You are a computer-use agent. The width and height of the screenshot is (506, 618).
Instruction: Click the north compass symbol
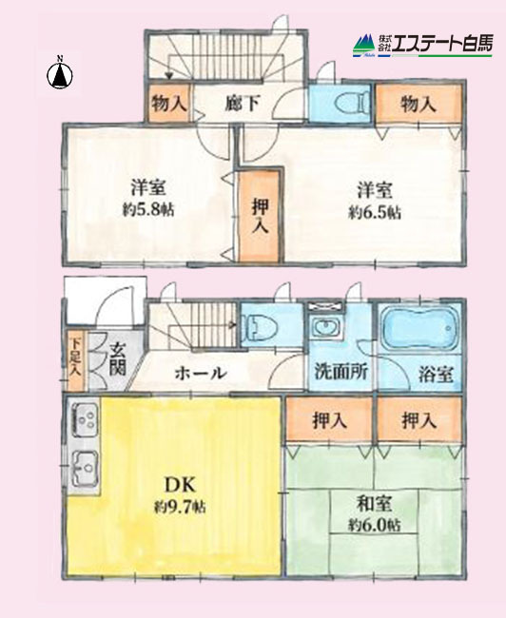pos(60,74)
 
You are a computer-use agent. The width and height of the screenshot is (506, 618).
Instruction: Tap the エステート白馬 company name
pos(443,43)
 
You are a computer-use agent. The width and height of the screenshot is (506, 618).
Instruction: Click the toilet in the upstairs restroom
pos(352,104)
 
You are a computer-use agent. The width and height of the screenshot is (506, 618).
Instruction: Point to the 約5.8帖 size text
pos(147,210)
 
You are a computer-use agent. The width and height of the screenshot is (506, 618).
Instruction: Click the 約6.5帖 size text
pos(375,213)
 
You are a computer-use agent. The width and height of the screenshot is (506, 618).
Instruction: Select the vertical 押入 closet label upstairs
pos(261,216)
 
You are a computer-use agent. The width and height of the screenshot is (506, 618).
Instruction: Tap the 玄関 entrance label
pos(118,358)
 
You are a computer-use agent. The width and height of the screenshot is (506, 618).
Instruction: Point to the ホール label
pos(201,373)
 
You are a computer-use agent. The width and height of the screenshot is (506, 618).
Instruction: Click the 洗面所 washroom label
pos(341,371)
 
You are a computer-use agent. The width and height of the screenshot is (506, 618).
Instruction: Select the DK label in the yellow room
pos(180,485)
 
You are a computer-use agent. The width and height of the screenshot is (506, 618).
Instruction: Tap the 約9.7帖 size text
pos(180,507)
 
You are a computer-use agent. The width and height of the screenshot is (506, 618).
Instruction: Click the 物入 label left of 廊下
pos(168,103)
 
